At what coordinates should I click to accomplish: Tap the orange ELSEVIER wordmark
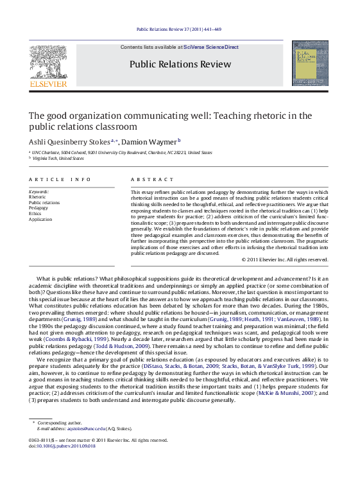[x=47, y=83]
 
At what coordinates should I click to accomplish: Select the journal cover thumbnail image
[x=309, y=63]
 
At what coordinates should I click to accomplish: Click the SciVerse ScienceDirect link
[x=210, y=48]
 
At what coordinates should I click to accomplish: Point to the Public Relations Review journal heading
[x=180, y=64]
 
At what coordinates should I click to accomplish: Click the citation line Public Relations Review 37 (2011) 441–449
[x=180, y=30]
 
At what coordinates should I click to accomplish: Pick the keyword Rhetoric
[x=38, y=197]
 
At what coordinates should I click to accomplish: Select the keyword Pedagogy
[x=39, y=208]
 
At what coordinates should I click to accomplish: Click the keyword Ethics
[x=35, y=213]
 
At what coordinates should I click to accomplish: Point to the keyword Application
[x=40, y=219]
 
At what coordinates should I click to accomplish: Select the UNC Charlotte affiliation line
[x=122, y=153]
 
